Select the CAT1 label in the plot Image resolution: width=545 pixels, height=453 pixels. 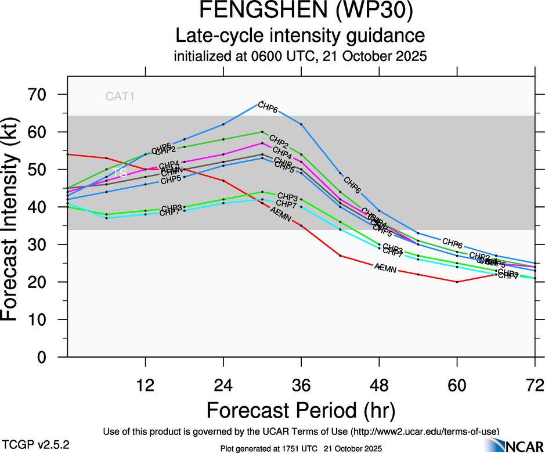point(120,97)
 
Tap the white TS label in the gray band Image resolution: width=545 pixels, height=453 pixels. point(120,173)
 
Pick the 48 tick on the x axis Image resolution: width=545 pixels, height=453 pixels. point(380,384)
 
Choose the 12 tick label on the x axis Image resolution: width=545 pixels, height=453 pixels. point(145,384)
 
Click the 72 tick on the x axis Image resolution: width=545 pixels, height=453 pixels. point(535,384)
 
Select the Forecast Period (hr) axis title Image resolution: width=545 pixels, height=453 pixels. point(301,410)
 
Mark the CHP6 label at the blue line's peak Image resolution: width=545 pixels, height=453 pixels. point(268,107)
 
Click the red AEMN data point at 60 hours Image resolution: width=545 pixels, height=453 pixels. point(457,282)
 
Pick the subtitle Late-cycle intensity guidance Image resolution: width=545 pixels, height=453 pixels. point(301,36)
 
